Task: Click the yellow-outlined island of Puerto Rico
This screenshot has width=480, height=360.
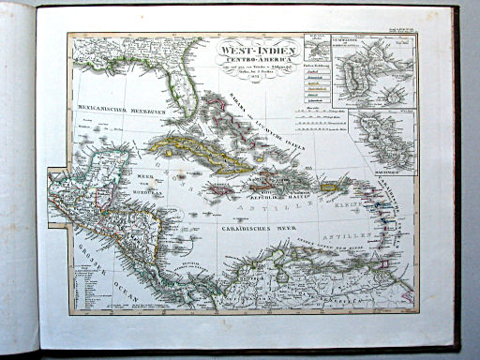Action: tap(330, 187)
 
